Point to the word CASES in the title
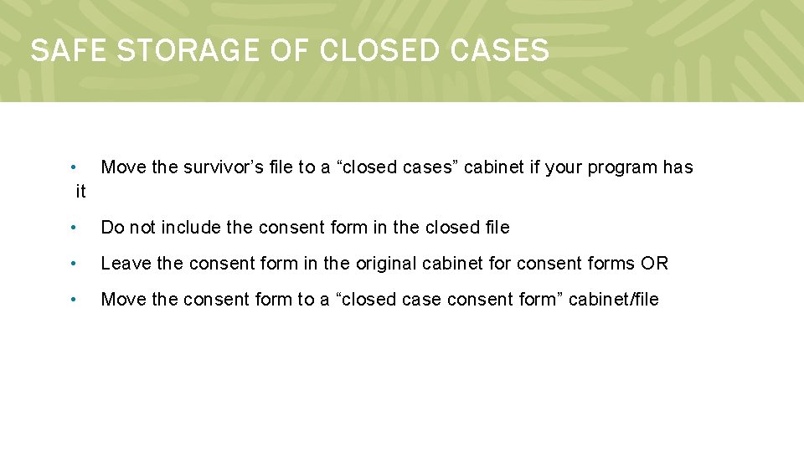pos(499,51)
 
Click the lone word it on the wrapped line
pos(80,192)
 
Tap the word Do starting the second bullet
pos(112,228)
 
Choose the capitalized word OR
pos(655,264)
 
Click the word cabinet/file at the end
pos(614,300)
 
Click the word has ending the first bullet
pos(678,167)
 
